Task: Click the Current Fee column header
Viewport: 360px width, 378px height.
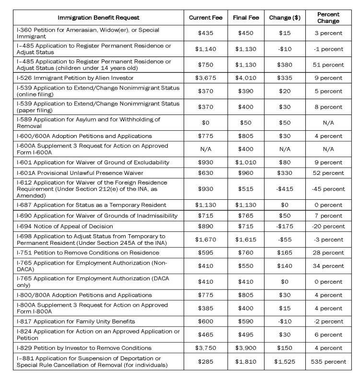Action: [205, 18]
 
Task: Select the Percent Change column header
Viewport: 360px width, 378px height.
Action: [328, 18]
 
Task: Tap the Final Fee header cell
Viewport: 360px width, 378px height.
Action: [246, 18]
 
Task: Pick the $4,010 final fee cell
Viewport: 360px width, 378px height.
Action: [246, 78]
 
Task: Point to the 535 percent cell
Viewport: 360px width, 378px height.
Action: [328, 362]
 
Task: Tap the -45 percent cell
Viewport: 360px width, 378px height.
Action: [328, 189]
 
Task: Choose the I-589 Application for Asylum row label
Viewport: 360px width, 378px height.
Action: [94, 123]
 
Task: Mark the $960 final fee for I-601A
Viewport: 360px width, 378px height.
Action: [246, 172]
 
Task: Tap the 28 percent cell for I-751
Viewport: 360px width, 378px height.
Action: [328, 252]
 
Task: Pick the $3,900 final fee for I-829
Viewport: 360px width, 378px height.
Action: [246, 348]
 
